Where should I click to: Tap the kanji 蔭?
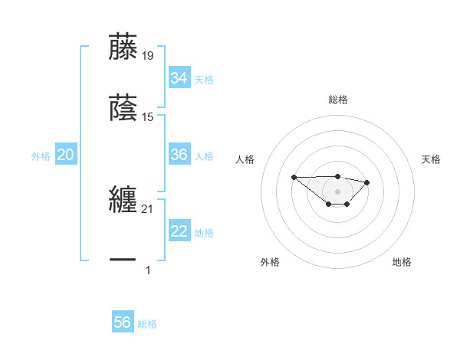[123, 108]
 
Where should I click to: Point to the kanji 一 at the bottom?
[123, 261]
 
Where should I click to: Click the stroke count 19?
[148, 55]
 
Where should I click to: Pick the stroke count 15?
[148, 117]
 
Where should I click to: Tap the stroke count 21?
[148, 209]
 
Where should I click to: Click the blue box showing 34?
[179, 78]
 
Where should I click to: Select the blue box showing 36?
[179, 155]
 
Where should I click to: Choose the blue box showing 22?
[179, 232]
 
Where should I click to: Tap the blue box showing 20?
[65, 155]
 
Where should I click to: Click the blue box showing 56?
[122, 322]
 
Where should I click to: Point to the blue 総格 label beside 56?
[147, 324]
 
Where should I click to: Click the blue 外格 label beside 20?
[41, 156]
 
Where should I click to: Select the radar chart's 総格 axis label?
[338, 100]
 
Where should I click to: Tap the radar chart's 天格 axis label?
[432, 159]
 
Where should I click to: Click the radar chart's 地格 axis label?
[402, 262]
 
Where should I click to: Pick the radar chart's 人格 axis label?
[245, 159]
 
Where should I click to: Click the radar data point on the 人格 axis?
[294, 177]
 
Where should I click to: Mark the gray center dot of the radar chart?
[337, 191]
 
